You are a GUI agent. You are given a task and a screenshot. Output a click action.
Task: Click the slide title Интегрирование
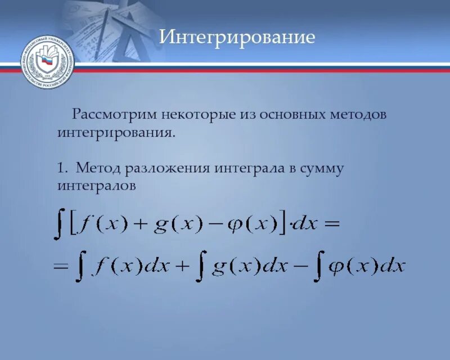coord(237,38)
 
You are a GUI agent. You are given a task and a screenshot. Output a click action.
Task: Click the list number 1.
coord(61,168)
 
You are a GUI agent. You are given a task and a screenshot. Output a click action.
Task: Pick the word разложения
coord(166,169)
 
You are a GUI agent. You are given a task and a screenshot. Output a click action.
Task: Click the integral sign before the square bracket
coord(58,223)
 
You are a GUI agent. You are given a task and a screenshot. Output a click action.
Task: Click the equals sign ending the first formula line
coord(331,224)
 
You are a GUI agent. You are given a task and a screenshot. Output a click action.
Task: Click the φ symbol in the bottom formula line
coord(335,266)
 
